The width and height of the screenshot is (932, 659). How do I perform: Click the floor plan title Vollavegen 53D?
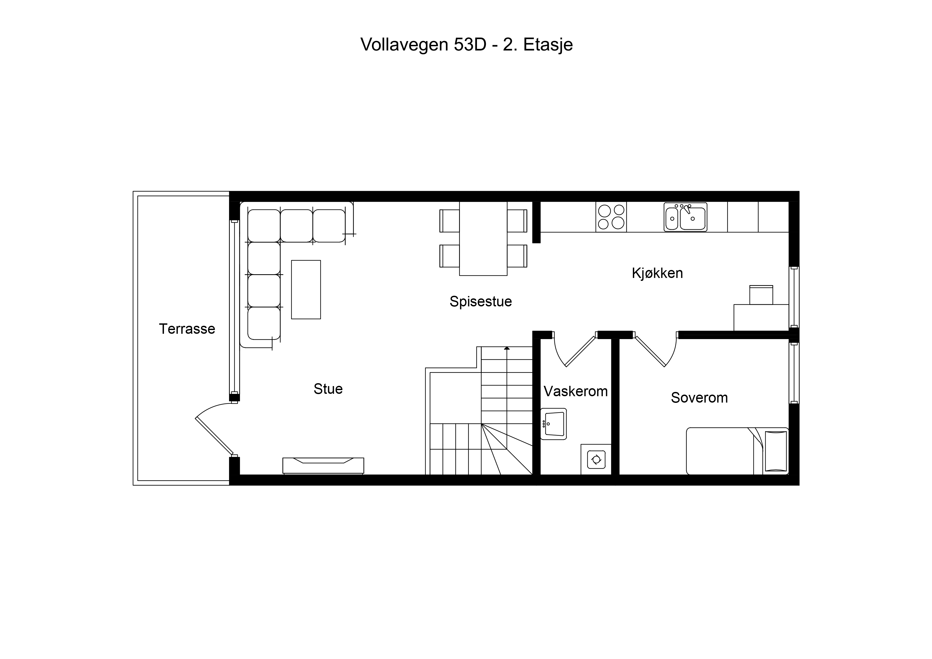(x=423, y=45)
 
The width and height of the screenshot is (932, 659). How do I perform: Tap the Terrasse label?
(x=187, y=329)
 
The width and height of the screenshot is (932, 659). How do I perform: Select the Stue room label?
(x=328, y=389)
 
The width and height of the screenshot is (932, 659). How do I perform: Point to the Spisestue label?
(x=481, y=302)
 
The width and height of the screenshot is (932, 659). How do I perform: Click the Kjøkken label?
(x=657, y=273)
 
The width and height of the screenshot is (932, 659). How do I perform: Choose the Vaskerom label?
(x=576, y=391)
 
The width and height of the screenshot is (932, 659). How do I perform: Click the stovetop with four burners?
(x=611, y=217)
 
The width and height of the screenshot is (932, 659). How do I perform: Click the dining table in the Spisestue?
(x=483, y=239)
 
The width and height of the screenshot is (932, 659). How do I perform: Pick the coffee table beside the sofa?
(x=306, y=289)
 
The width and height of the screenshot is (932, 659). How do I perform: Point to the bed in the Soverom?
(x=737, y=451)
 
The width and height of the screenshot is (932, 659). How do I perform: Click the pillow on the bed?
(x=776, y=451)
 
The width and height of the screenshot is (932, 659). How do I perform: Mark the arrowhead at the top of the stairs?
(x=507, y=348)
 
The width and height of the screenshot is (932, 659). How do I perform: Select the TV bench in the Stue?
(x=323, y=466)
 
